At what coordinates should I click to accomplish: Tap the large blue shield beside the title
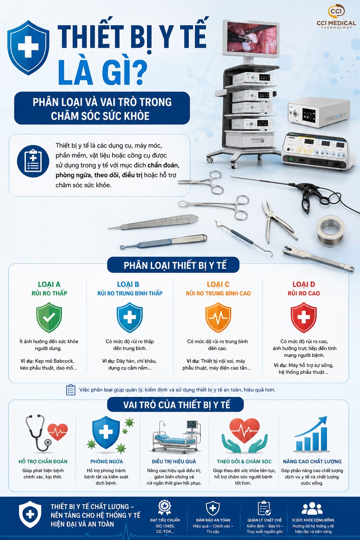(28, 47)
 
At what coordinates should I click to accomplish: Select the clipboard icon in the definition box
(33, 161)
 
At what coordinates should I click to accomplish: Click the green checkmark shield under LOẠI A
(49, 317)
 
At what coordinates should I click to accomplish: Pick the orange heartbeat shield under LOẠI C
(218, 317)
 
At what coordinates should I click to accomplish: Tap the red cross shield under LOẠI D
(304, 317)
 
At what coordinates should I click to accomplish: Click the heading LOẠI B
(128, 284)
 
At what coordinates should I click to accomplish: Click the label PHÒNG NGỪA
(107, 461)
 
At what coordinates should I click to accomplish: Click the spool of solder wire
(330, 231)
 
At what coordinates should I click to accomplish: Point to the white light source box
(319, 112)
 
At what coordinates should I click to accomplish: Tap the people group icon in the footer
(312, 509)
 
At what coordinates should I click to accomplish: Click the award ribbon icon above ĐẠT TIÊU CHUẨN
(165, 507)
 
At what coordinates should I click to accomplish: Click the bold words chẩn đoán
(163, 165)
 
